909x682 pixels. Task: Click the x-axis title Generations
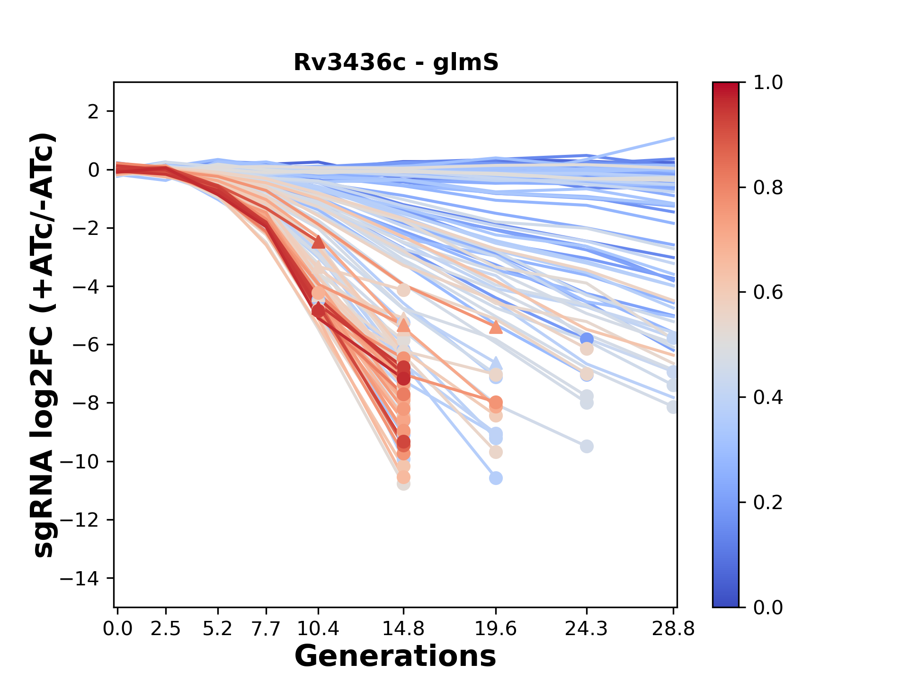pyautogui.click(x=395, y=656)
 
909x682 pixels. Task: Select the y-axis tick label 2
pyautogui.click(x=94, y=111)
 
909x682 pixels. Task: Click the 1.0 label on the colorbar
pyautogui.click(x=768, y=83)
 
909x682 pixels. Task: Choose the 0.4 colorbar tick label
pyautogui.click(x=768, y=397)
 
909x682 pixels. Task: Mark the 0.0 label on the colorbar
pyautogui.click(x=768, y=607)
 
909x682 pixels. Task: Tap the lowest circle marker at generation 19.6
pyautogui.click(x=495, y=478)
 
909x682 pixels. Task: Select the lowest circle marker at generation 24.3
pyautogui.click(x=587, y=446)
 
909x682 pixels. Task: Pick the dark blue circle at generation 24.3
pyautogui.click(x=587, y=339)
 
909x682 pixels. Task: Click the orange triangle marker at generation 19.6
pyautogui.click(x=495, y=327)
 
